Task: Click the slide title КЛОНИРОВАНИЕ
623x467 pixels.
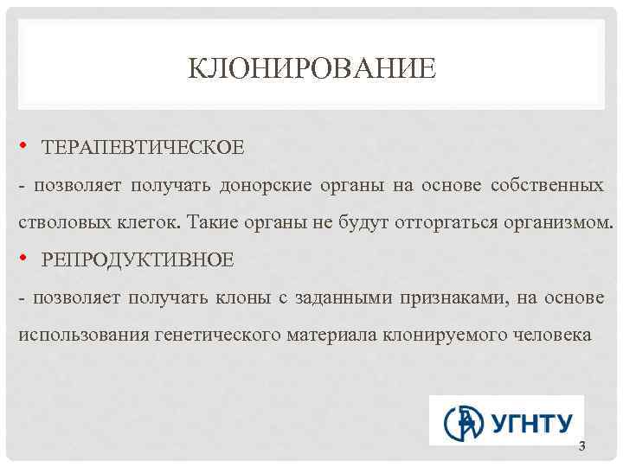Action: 311,67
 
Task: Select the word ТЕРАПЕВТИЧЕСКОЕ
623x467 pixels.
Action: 143,146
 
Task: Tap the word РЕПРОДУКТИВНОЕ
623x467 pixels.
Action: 138,259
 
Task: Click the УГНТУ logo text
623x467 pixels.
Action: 532,423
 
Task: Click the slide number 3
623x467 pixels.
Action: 581,446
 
